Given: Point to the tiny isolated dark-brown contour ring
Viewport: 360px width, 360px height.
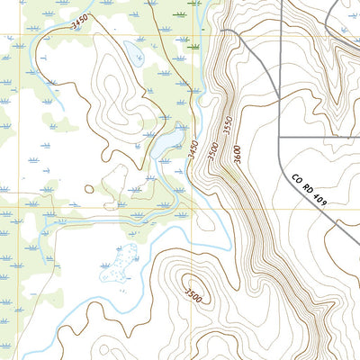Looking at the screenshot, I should pos(88,189).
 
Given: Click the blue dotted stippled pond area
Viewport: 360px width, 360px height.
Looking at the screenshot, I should pos(121,262).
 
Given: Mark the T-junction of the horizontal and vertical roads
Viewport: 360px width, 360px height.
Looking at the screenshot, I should pos(280,138).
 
